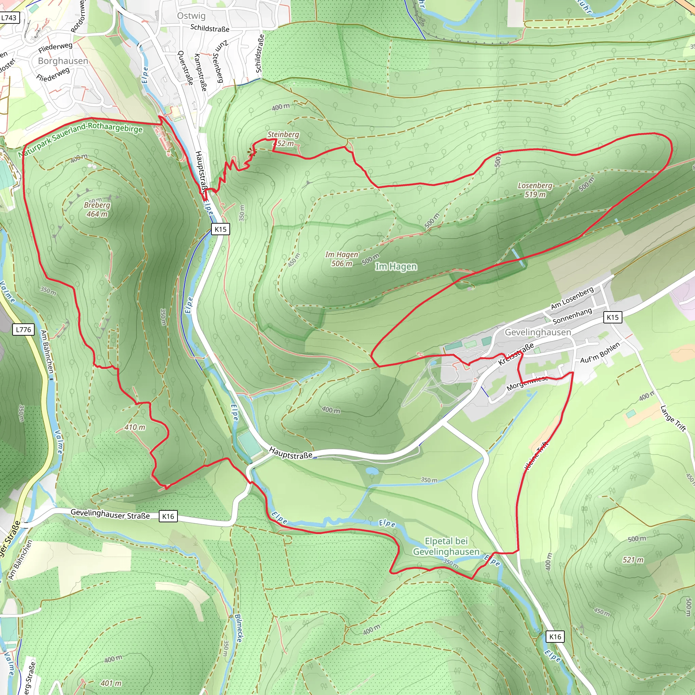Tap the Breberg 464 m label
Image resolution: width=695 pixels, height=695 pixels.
[97, 209]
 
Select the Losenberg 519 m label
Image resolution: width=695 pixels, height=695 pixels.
[535, 190]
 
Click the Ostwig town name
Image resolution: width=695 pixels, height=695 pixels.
[191, 16]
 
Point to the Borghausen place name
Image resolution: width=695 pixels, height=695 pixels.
[63, 61]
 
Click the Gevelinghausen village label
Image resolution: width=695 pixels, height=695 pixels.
[538, 332]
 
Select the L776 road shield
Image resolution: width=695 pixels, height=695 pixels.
[24, 329]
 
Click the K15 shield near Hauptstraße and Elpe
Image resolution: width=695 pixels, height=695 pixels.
[221, 229]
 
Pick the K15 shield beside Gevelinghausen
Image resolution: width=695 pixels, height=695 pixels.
[613, 317]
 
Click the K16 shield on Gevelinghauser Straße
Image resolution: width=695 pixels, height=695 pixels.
[168, 516]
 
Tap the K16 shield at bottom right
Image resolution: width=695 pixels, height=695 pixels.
[555, 636]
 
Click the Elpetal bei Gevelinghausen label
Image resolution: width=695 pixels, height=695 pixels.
[446, 546]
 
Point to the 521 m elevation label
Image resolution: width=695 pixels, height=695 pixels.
[633, 560]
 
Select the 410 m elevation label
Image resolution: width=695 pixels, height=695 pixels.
[135, 427]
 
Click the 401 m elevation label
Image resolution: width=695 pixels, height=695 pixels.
[111, 683]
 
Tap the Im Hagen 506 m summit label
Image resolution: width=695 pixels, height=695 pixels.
[342, 259]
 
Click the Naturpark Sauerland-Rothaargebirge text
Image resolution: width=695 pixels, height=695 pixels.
[81, 139]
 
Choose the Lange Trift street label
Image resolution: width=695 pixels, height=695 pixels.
[673, 418]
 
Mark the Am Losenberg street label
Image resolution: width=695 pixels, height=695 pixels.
[572, 298]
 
